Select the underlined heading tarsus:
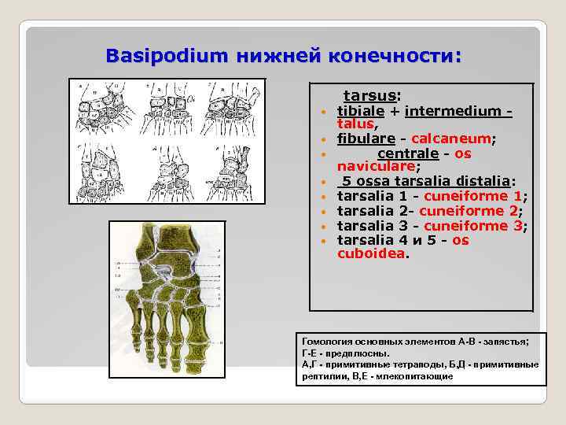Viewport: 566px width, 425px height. tap(373, 96)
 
